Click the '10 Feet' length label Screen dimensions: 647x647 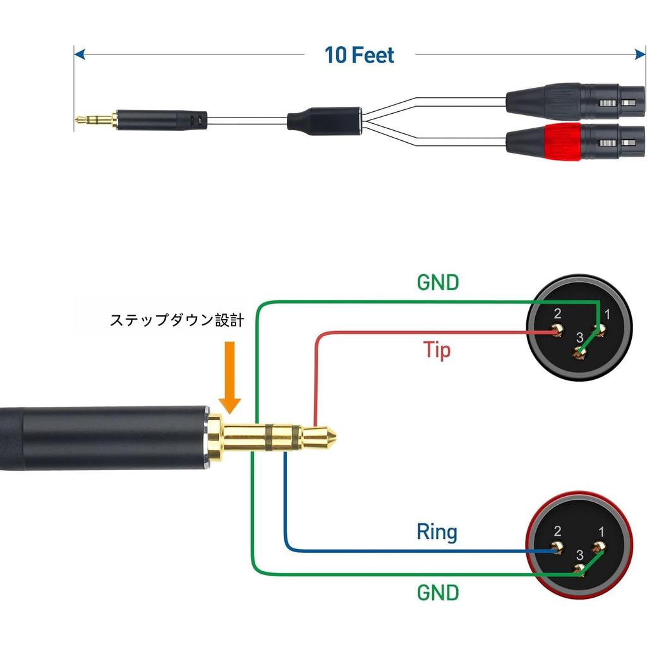pyautogui.click(x=359, y=55)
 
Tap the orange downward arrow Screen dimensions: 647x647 pyautogui.click(x=231, y=377)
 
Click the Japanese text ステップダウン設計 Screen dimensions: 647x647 pyautogui.click(x=177, y=320)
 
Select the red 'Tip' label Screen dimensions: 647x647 pyautogui.click(x=437, y=349)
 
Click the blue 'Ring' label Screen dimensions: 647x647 pyautogui.click(x=437, y=532)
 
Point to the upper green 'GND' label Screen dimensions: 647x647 pyautogui.click(x=438, y=282)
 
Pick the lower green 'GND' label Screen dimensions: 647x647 pyautogui.click(x=438, y=592)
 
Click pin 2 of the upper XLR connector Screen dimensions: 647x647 pyautogui.click(x=558, y=330)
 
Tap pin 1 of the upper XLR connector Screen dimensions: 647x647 pyautogui.click(x=598, y=328)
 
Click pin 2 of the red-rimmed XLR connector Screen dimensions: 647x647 pyautogui.click(x=558, y=548)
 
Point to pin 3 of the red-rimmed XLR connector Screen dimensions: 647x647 pyautogui.click(x=578, y=571)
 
